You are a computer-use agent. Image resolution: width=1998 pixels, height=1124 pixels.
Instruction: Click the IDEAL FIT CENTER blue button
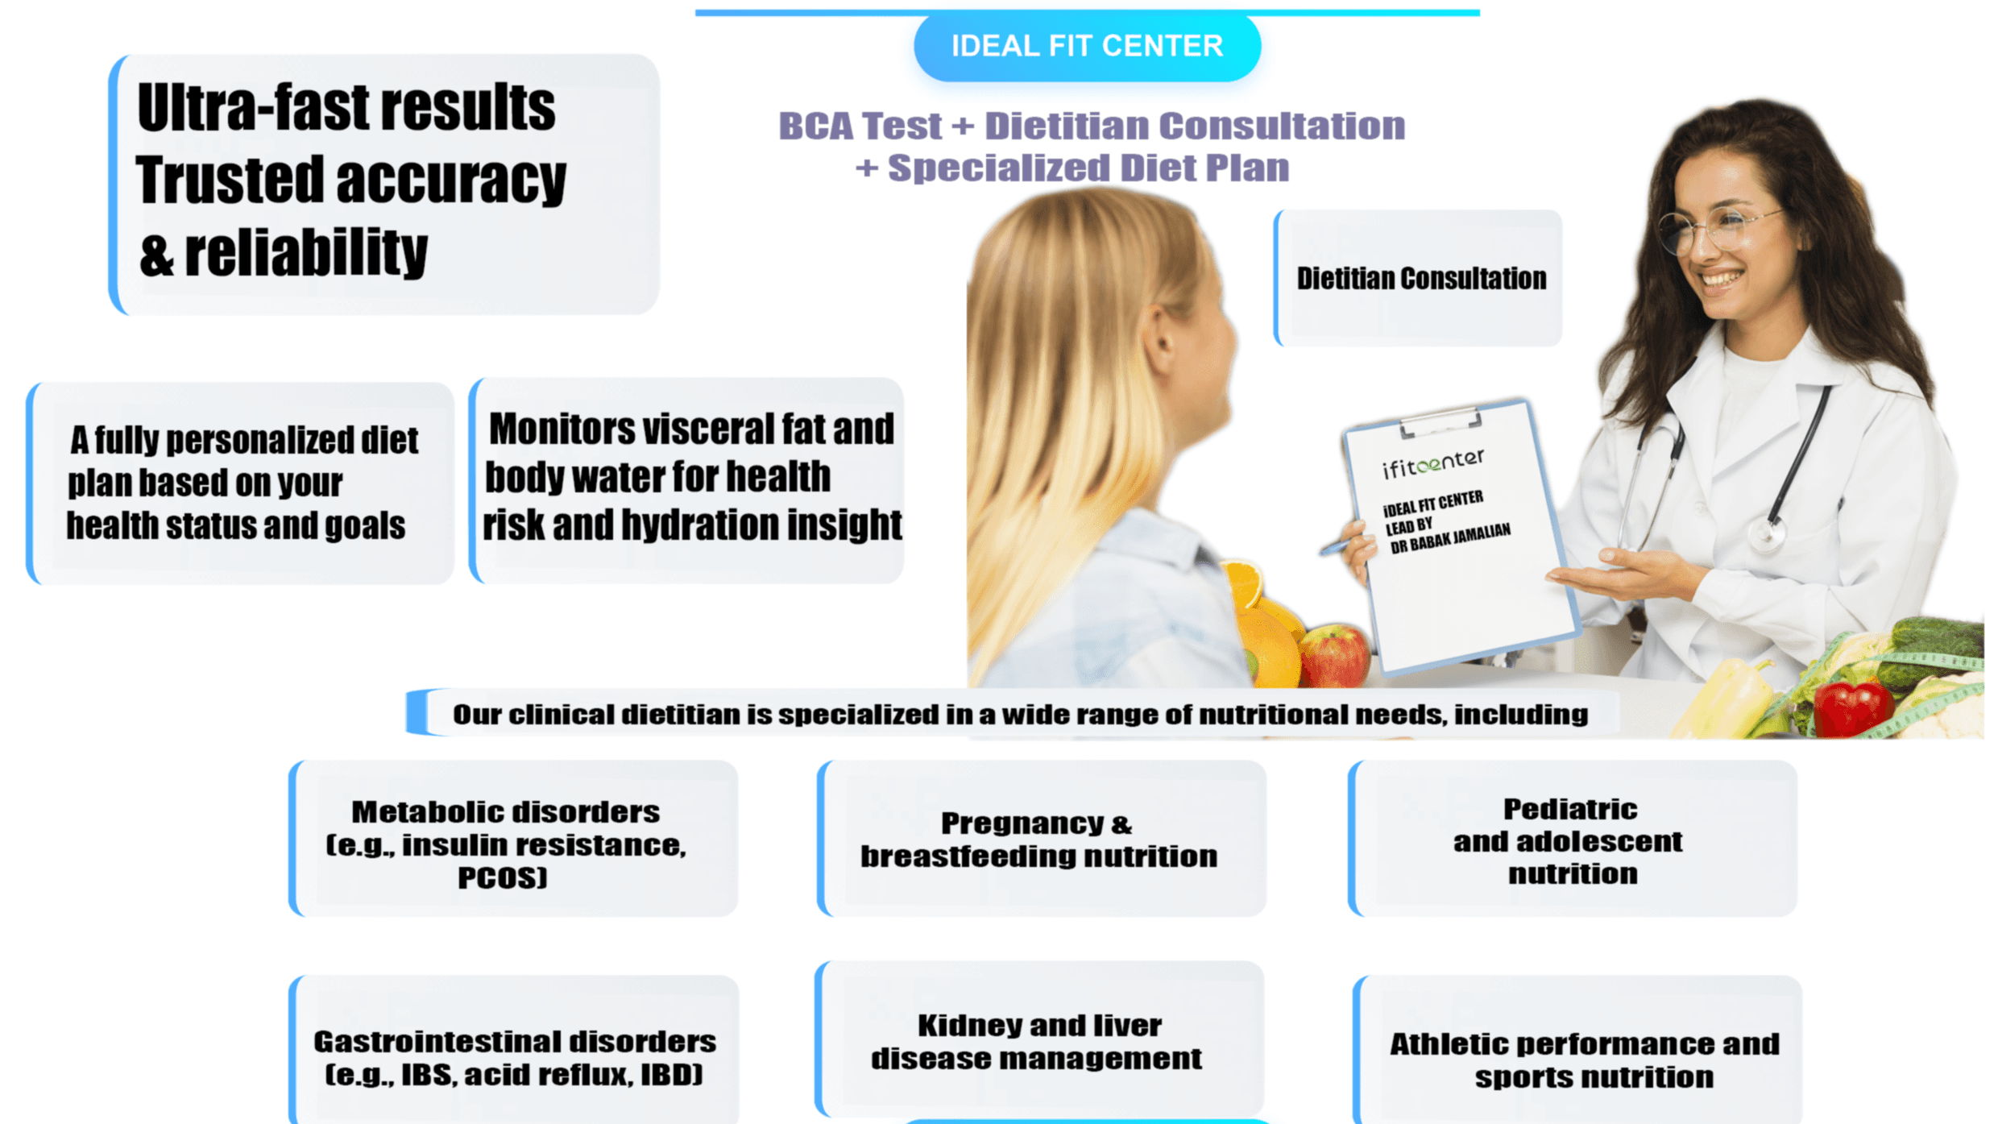point(1086,47)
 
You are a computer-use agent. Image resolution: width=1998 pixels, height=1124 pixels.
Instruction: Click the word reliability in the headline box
point(306,253)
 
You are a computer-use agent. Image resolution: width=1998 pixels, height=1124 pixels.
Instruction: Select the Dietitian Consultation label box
point(1420,279)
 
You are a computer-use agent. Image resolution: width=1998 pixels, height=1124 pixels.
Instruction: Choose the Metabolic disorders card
point(513,839)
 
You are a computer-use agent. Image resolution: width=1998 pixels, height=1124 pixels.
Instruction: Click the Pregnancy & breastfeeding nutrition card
point(1040,839)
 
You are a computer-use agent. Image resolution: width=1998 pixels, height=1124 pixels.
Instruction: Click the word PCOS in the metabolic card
point(502,877)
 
